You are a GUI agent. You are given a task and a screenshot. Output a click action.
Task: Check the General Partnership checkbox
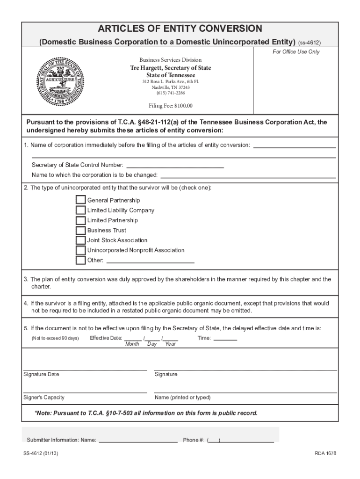[80, 200]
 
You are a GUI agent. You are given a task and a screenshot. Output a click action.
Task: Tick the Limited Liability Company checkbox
[80, 210]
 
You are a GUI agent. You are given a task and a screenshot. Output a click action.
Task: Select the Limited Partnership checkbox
[80, 220]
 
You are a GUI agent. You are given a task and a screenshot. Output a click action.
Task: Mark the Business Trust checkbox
[80, 230]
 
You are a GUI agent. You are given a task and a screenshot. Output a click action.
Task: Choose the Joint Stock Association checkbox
[80, 240]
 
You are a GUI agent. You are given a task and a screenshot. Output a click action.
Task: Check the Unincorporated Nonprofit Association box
[80, 250]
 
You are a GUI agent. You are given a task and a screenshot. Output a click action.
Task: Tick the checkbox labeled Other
[80, 260]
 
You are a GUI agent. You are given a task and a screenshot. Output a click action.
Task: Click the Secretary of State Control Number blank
[175, 165]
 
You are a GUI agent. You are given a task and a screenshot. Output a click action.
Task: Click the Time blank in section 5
[225, 338]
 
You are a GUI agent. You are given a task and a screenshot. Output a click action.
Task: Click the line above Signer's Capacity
[85, 392]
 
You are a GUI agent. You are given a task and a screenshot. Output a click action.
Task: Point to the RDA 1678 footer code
[325, 454]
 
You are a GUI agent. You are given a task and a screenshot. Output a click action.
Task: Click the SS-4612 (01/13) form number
[42, 454]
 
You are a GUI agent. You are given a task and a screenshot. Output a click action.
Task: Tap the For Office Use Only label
[296, 52]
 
